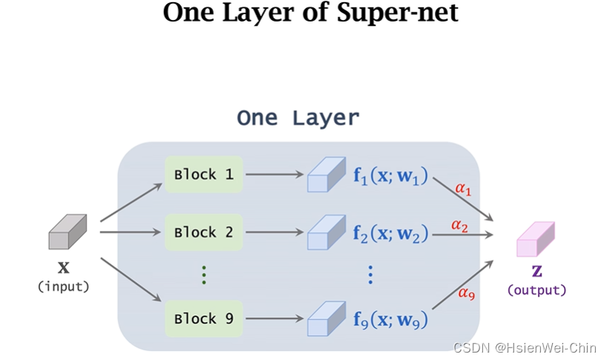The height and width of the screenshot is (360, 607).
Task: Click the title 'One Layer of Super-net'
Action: [x=310, y=13]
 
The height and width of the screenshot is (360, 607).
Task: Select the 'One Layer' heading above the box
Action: [x=298, y=117]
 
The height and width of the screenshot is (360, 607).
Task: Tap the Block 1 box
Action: [x=204, y=174]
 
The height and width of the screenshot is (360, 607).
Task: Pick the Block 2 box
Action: [x=204, y=232]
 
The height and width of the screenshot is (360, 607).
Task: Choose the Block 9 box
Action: [x=204, y=319]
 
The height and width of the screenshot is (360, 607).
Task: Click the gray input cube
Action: [x=68, y=232]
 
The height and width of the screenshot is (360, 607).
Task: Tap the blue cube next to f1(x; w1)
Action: [x=327, y=175]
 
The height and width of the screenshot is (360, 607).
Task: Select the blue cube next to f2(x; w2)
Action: [x=327, y=232]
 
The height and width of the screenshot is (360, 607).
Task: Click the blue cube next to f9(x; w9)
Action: [x=327, y=319]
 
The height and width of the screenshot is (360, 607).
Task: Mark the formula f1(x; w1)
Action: [x=390, y=176]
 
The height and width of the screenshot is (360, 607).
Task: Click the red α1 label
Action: [x=463, y=189]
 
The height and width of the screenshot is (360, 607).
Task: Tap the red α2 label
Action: [x=459, y=224]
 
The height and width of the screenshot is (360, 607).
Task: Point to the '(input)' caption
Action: [x=63, y=287]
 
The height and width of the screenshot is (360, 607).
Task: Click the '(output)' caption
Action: [x=537, y=289]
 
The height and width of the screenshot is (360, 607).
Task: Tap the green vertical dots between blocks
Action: [x=204, y=275]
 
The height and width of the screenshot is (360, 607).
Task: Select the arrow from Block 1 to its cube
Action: [x=275, y=175]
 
